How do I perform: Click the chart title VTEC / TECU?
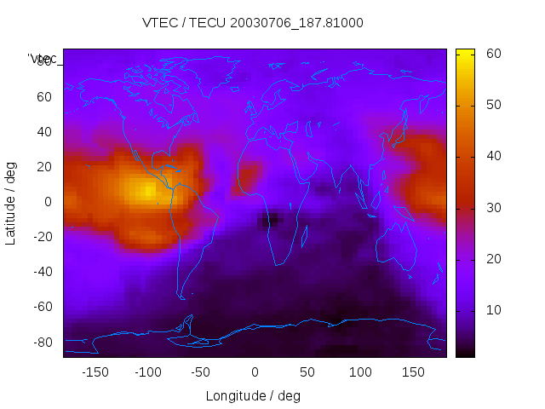(x=252, y=23)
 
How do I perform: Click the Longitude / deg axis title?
(x=253, y=396)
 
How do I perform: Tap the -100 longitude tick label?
(x=148, y=372)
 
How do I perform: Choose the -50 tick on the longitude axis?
(x=201, y=372)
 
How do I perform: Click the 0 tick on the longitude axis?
(x=255, y=372)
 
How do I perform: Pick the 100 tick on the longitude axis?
(x=361, y=372)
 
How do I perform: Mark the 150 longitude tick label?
(x=414, y=372)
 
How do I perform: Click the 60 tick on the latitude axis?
(x=44, y=96)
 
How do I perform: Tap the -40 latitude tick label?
(x=42, y=272)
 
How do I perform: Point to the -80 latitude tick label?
(x=42, y=342)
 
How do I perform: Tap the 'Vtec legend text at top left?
(x=42, y=59)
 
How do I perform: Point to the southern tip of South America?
(x=181, y=297)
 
